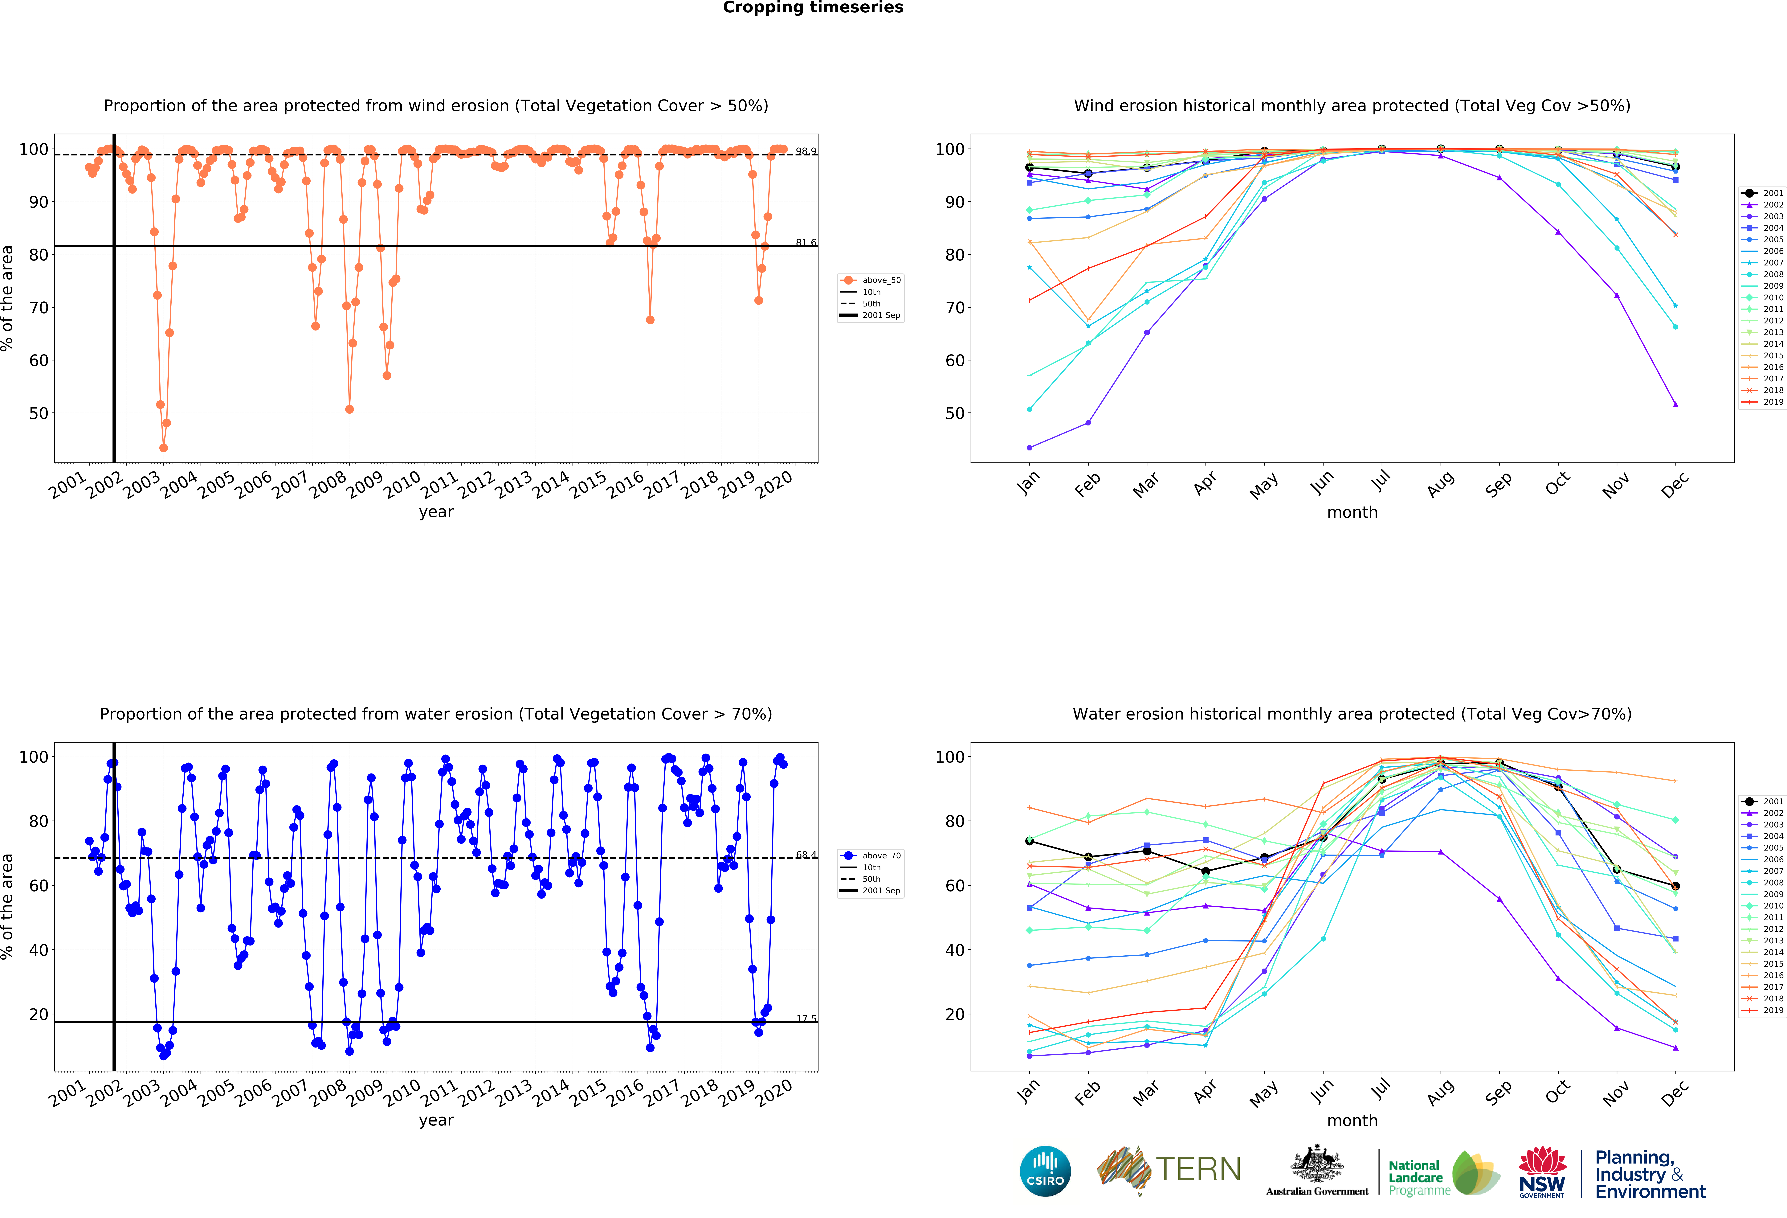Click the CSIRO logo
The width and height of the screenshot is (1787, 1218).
(1045, 1171)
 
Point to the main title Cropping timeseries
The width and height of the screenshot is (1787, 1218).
(813, 8)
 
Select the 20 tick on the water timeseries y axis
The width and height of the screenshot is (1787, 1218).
(39, 1014)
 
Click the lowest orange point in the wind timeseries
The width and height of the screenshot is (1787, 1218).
(163, 448)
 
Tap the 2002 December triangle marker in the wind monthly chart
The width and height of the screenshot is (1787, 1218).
(1675, 404)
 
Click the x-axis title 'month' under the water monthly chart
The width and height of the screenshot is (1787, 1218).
(1352, 1120)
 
